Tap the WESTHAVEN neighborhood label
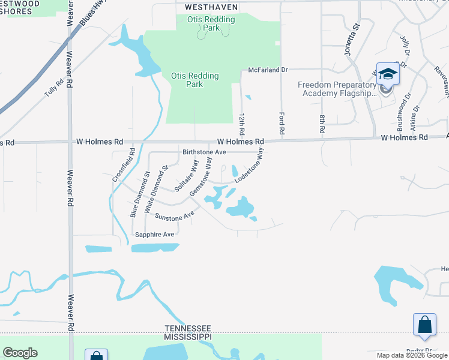(207, 7)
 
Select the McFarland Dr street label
(268, 70)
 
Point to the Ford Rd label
(281, 122)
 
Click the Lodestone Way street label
(250, 166)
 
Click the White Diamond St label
(157, 191)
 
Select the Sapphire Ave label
(155, 234)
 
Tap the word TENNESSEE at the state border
(188, 328)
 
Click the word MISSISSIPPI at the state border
(188, 337)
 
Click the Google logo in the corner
(20, 353)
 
